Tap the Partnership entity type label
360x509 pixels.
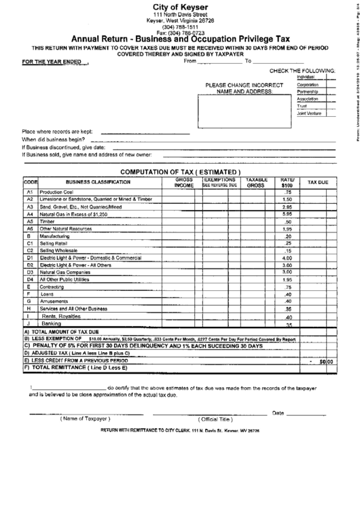coord(309,95)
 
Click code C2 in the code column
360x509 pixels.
coord(30,251)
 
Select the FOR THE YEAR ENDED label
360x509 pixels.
coord(48,61)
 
